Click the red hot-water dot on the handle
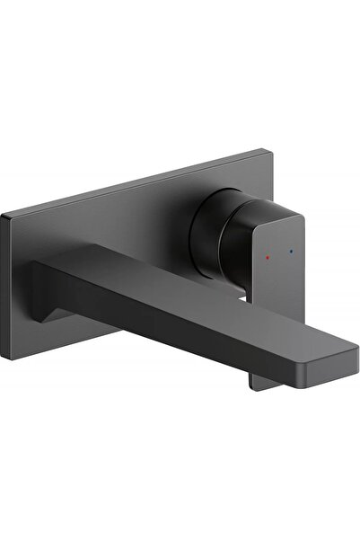(270, 256)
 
